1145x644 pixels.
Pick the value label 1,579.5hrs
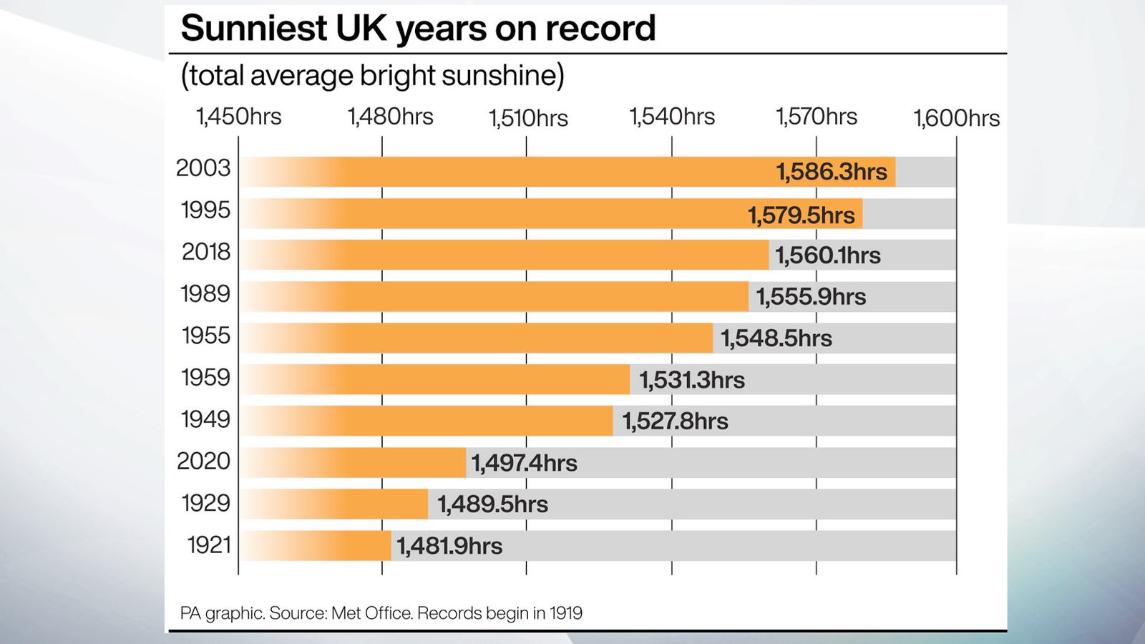pos(801,215)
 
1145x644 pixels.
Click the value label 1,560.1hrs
pos(828,255)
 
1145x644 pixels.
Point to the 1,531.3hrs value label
pos(691,380)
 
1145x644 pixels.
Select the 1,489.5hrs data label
pos(492,504)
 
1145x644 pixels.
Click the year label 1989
pos(205,294)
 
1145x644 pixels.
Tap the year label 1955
pos(205,336)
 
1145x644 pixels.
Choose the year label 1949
pos(205,419)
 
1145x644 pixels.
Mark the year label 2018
pos(205,252)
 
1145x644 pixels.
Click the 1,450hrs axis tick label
pos(239,117)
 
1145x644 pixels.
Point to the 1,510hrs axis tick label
pos(528,118)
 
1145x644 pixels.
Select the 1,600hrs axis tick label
pos(956,118)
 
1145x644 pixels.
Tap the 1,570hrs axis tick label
pos(817,117)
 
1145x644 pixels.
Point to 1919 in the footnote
pos(566,613)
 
